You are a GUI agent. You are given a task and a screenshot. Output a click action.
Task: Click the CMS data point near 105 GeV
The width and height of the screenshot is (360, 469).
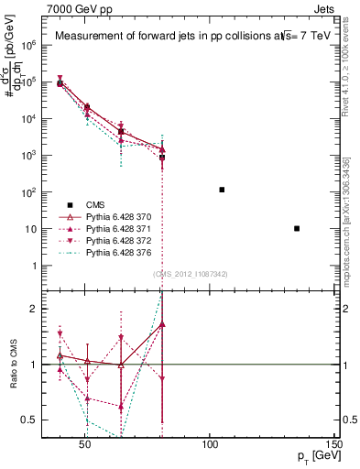pos(222,190)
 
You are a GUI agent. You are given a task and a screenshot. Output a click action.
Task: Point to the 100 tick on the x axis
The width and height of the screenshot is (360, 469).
pos(210,446)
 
